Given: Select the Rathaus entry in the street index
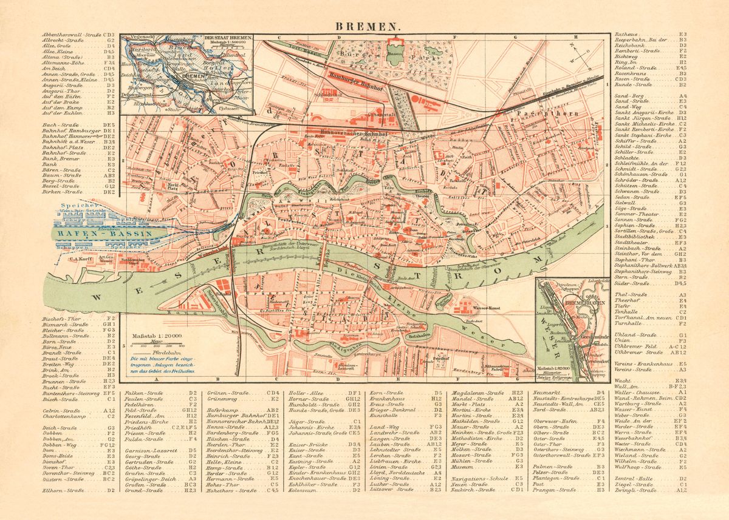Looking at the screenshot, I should (626, 35).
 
